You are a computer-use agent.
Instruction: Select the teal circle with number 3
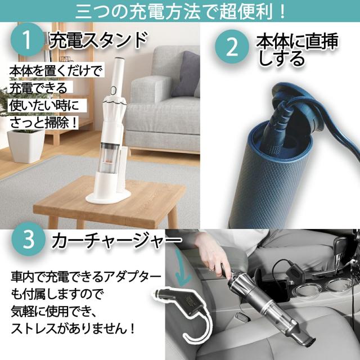click(28, 241)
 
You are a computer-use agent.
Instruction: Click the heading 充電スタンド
click(98, 41)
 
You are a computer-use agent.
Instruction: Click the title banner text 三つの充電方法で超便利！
click(180, 10)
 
